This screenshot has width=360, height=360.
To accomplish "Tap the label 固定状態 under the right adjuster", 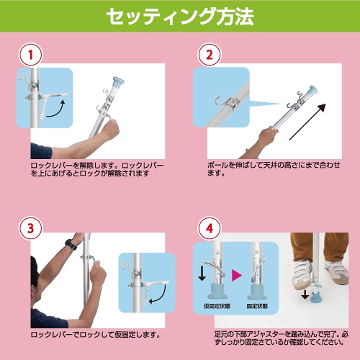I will [x=257, y=305].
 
